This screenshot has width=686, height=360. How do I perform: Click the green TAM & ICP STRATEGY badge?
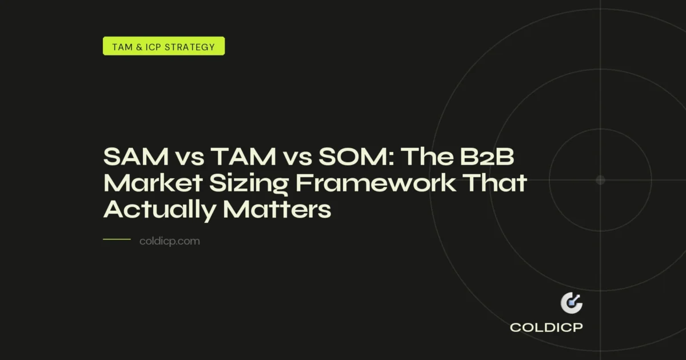coord(163,46)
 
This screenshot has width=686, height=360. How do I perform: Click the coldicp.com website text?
coord(170,241)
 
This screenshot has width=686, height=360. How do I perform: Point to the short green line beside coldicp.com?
coord(117,239)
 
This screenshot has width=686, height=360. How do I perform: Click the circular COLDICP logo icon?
coord(571,303)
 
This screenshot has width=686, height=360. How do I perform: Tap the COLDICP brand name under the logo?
coord(546,328)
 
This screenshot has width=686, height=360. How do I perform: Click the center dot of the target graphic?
coord(600,180)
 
